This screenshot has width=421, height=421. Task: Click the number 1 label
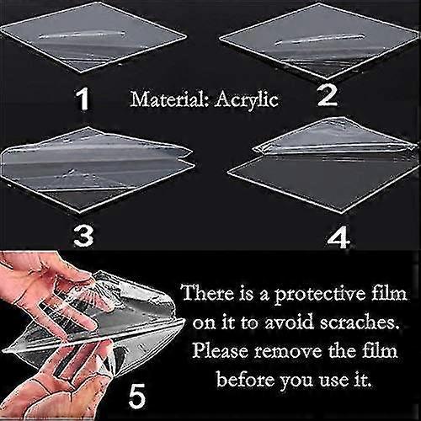(83, 99)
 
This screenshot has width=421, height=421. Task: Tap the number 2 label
(328, 95)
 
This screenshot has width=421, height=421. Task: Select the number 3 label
(83, 237)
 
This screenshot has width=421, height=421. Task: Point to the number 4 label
(338, 238)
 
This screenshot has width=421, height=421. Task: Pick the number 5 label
(137, 396)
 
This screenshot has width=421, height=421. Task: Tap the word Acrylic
(246, 100)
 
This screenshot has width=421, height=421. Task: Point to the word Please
(221, 351)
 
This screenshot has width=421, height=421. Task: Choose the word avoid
(289, 322)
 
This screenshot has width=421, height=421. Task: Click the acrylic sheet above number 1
(93, 38)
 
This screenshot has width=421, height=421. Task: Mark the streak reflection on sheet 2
(319, 40)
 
